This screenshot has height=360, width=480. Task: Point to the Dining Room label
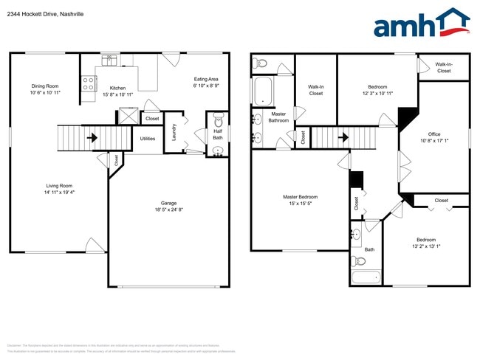coord(44,89)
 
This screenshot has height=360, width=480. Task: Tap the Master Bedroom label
coord(301,200)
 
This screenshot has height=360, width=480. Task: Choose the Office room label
coord(434,137)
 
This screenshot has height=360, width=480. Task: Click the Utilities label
coord(147,139)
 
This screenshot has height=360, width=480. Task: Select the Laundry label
coord(173,132)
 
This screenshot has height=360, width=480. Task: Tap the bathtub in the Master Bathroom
coord(262,91)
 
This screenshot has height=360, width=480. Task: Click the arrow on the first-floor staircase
coord(93,137)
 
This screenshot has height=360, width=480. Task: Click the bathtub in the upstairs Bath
coord(366,278)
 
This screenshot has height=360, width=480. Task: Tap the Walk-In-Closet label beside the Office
coord(444,68)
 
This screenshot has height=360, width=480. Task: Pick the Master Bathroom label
coord(278,117)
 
